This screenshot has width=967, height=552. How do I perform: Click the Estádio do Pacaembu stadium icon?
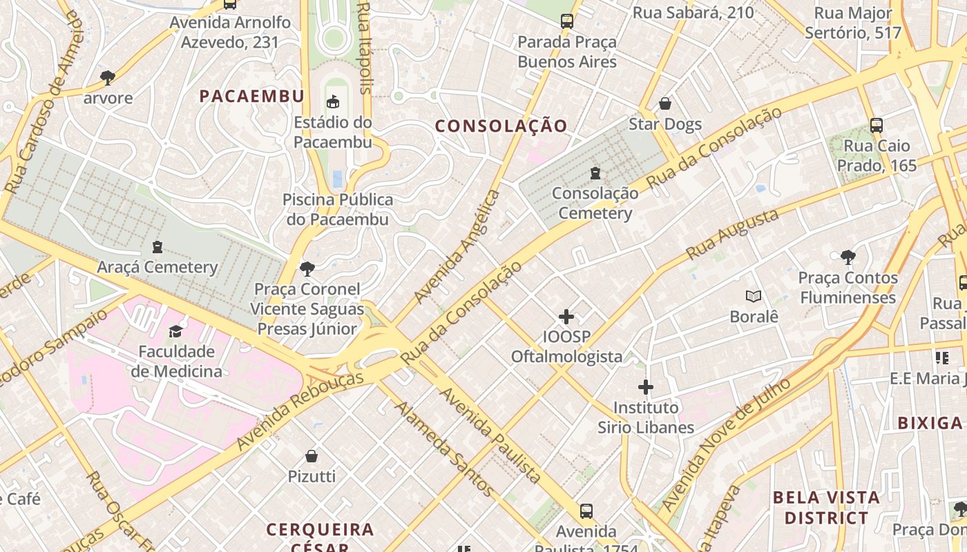[x=333, y=102]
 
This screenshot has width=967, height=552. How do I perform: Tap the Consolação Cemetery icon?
[x=595, y=173]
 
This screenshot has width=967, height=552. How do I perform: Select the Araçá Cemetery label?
[x=157, y=267]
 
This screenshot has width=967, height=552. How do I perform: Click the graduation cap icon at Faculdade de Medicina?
[x=176, y=332]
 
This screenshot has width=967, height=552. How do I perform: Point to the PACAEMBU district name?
[x=252, y=97]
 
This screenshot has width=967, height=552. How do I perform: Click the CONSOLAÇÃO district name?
[x=501, y=126]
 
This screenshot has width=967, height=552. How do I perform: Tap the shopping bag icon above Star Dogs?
[x=664, y=104]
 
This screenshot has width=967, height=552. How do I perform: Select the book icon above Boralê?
[x=754, y=297]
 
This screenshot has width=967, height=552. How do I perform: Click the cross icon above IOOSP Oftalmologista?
[x=566, y=317]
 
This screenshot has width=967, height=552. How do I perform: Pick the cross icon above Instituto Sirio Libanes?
[x=646, y=387]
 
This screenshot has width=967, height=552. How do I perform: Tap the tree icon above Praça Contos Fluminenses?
[x=848, y=258]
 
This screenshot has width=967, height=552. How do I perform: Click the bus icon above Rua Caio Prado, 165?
[x=876, y=126]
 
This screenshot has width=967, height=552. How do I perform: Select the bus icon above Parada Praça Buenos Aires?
[x=567, y=21]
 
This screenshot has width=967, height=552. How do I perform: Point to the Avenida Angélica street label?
[x=457, y=247]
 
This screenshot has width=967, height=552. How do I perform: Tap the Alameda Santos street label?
[x=444, y=448]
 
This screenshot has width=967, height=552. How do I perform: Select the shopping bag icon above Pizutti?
[x=312, y=456]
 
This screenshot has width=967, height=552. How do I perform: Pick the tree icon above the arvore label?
[x=108, y=77]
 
